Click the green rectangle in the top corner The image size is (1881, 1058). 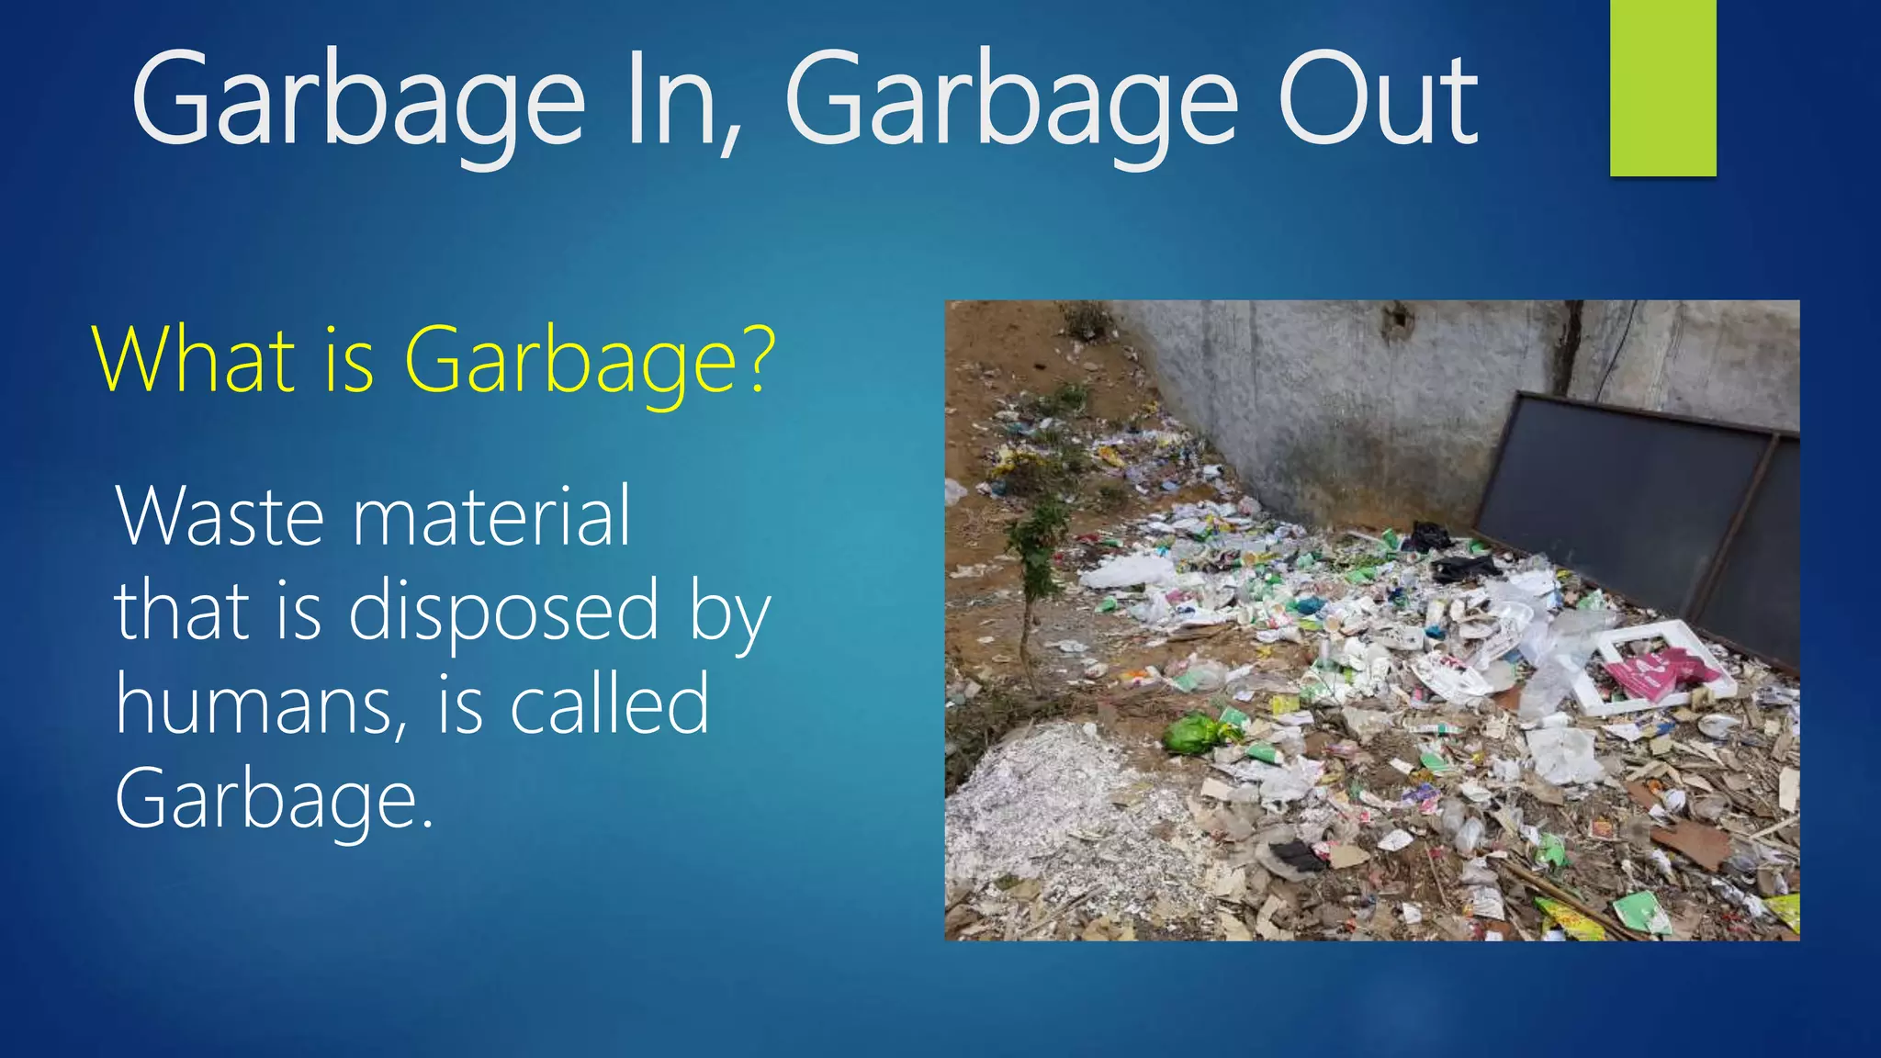[1662, 87]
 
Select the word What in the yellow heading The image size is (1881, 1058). [194, 360]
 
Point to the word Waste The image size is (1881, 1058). [220, 516]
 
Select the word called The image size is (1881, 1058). [610, 705]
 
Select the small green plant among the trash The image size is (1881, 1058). [1038, 542]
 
